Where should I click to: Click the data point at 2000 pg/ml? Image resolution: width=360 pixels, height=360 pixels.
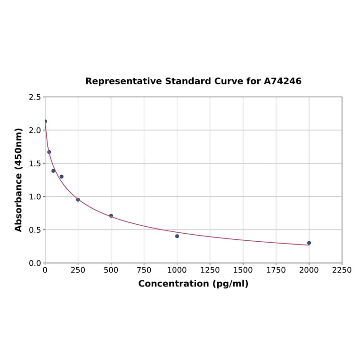[x=309, y=243]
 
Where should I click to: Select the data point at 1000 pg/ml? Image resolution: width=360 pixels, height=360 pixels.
[x=177, y=236]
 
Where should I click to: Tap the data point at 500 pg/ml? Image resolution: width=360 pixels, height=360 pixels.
[x=111, y=216]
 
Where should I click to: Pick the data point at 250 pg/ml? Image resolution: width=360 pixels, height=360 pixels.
[x=78, y=200]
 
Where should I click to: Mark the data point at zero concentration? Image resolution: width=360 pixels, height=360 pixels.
[x=45, y=122]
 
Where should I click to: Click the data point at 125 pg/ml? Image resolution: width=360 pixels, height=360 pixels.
[x=62, y=177]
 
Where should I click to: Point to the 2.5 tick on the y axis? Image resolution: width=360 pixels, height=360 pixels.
[x=35, y=97]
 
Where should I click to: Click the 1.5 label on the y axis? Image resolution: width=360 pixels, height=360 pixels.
[x=35, y=164]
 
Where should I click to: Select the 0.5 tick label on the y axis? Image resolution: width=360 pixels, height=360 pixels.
[x=35, y=230]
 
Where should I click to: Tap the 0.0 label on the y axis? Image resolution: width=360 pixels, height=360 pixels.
[x=35, y=263]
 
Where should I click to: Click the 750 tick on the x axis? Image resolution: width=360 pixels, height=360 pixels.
[x=144, y=270]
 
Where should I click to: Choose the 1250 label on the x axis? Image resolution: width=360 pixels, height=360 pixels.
[x=210, y=270]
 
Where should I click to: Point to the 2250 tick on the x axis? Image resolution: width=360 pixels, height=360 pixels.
[x=342, y=270]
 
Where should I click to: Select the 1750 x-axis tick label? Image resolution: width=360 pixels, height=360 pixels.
[x=276, y=270]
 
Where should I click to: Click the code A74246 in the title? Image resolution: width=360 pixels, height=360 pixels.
[x=282, y=82]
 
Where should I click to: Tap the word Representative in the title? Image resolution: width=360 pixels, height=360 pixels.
[x=124, y=82]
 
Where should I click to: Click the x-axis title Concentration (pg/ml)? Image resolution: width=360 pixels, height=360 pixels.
[x=193, y=284]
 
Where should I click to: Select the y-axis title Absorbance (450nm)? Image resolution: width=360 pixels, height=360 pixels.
[x=19, y=180]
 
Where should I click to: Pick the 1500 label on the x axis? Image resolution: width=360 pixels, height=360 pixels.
[x=243, y=270]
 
